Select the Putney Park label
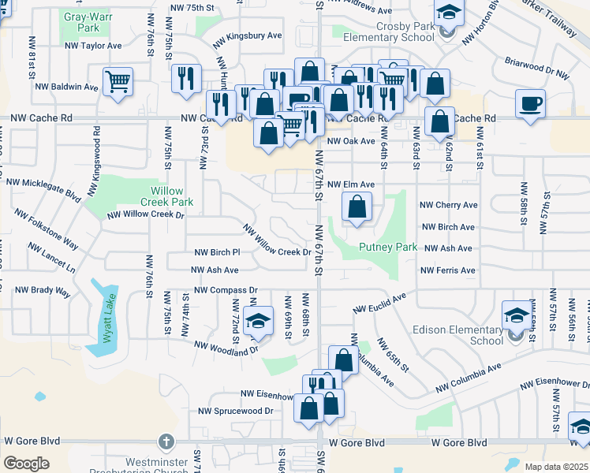point(388,247)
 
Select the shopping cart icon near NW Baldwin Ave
point(118,81)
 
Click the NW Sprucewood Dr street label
point(235,411)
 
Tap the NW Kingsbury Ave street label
point(248,36)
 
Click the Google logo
point(26,463)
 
